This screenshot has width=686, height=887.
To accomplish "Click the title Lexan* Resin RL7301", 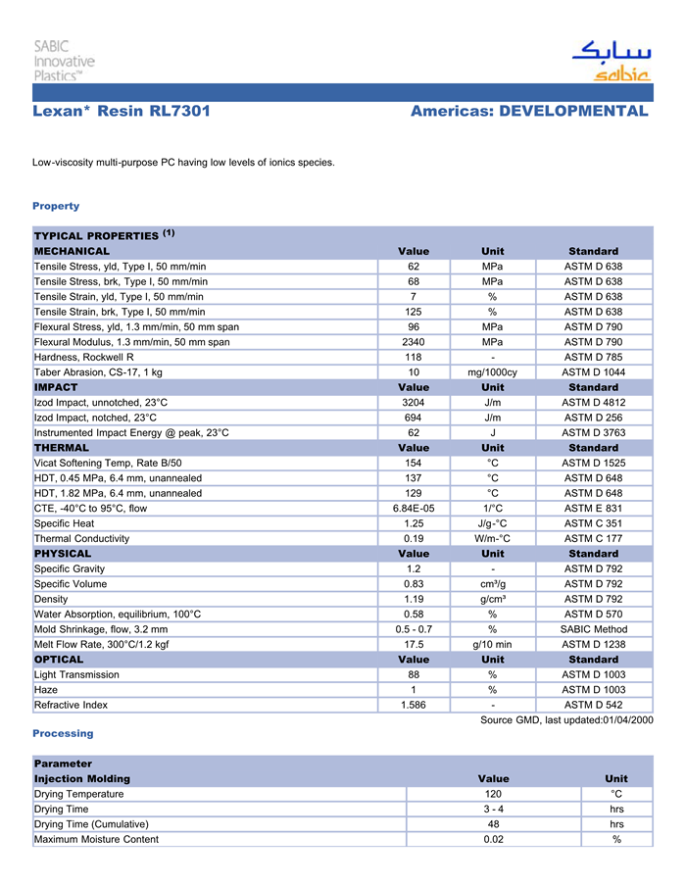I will click(x=121, y=111).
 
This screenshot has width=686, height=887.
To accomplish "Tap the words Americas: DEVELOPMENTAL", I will click(x=529, y=111).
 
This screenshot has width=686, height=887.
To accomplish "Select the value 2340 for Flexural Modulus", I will click(x=414, y=342).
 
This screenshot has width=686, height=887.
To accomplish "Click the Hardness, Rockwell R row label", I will click(x=84, y=357).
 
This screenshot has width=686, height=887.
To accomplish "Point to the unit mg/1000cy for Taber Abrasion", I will click(x=492, y=372).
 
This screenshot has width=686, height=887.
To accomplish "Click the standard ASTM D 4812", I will click(x=593, y=403).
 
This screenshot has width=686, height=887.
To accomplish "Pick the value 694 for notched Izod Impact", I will click(x=414, y=418).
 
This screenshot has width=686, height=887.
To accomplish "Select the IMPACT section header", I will click(x=56, y=387).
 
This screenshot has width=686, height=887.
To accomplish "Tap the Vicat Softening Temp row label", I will click(x=108, y=463).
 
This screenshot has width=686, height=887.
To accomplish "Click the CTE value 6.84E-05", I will click(x=414, y=508).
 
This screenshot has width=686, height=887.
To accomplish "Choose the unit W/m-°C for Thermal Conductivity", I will click(x=492, y=538).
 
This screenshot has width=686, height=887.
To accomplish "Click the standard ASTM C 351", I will click(x=593, y=523).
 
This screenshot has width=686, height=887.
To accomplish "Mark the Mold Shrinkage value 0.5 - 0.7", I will click(x=414, y=629).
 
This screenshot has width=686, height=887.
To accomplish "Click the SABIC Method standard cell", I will click(x=593, y=629).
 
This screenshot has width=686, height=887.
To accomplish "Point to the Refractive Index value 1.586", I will click(x=414, y=705).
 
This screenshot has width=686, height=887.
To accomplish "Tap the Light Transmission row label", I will click(x=76, y=674).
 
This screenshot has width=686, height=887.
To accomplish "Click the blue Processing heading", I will click(x=63, y=733).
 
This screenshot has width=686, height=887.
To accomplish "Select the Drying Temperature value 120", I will click(x=493, y=794).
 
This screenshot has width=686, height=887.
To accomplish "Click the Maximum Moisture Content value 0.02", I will click(x=493, y=839).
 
